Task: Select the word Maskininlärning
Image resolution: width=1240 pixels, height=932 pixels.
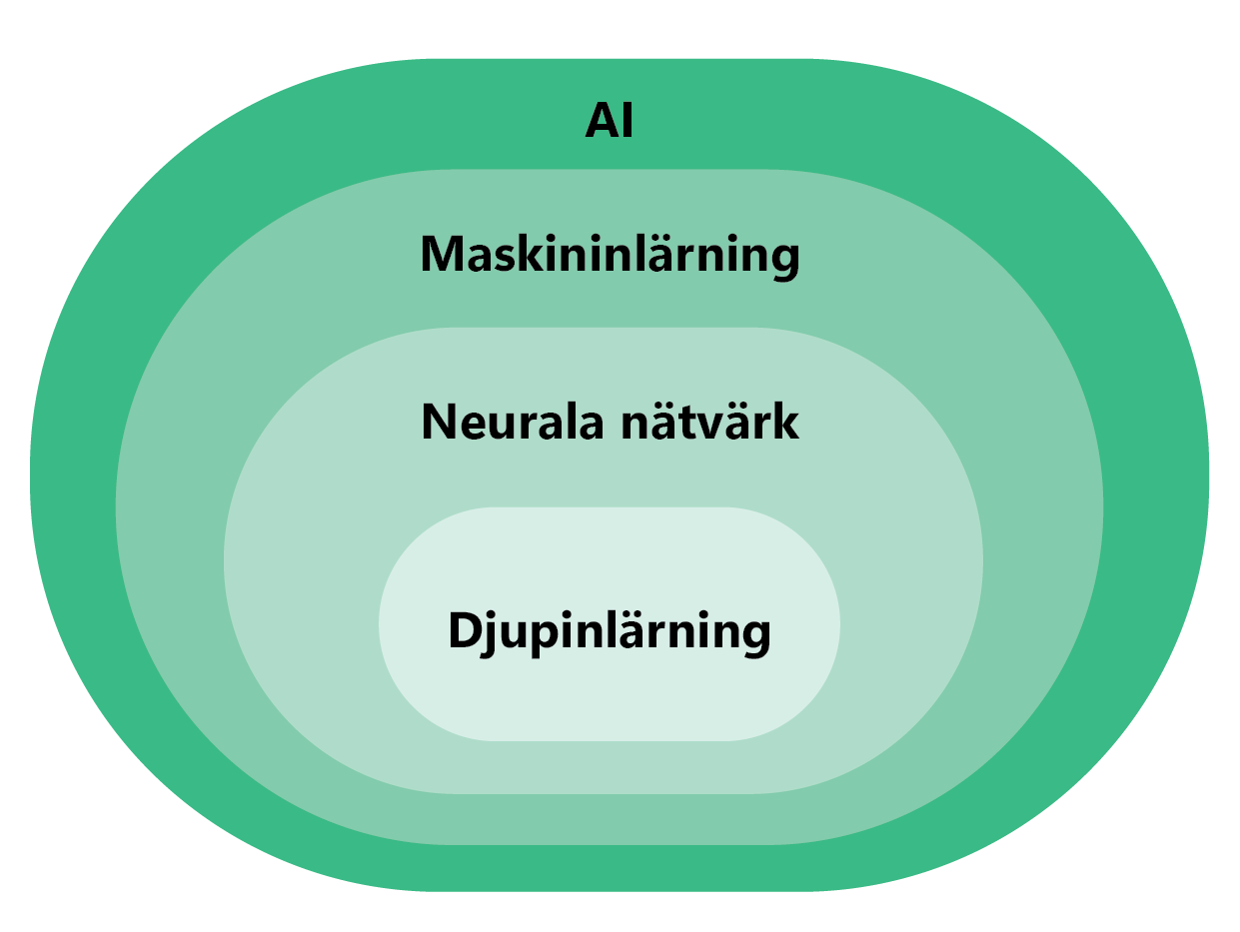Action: click(610, 255)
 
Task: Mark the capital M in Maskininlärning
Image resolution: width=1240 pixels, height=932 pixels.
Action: click(441, 255)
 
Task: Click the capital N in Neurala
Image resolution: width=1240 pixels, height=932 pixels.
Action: click(439, 423)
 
